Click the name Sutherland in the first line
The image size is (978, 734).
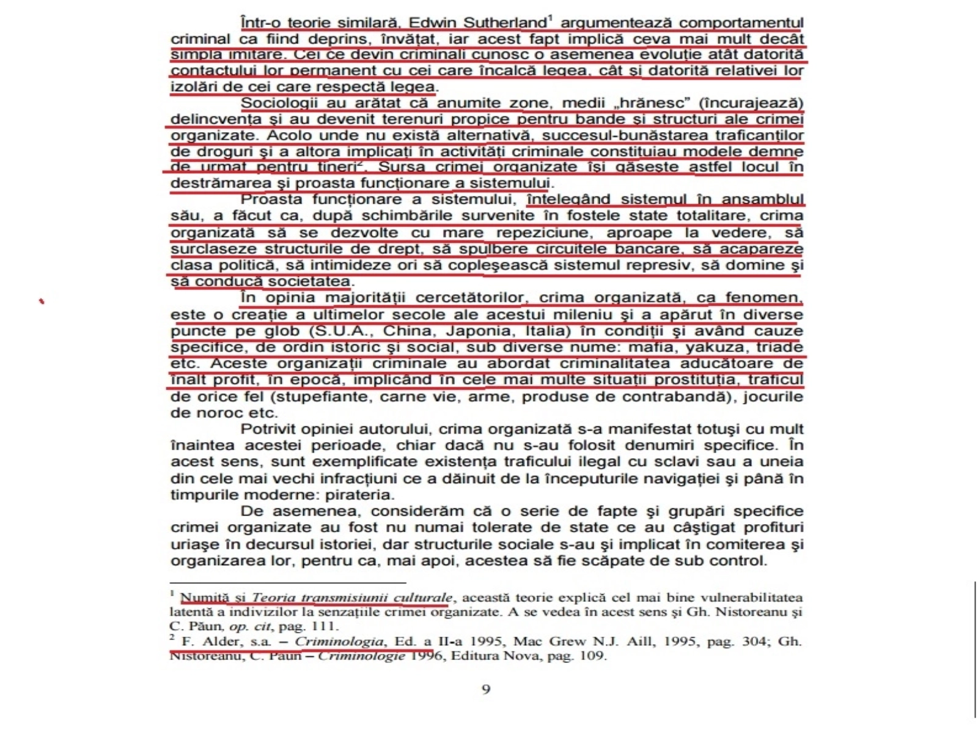coord(504,23)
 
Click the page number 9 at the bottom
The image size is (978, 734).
coord(486,690)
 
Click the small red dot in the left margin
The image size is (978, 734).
coord(42,301)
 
